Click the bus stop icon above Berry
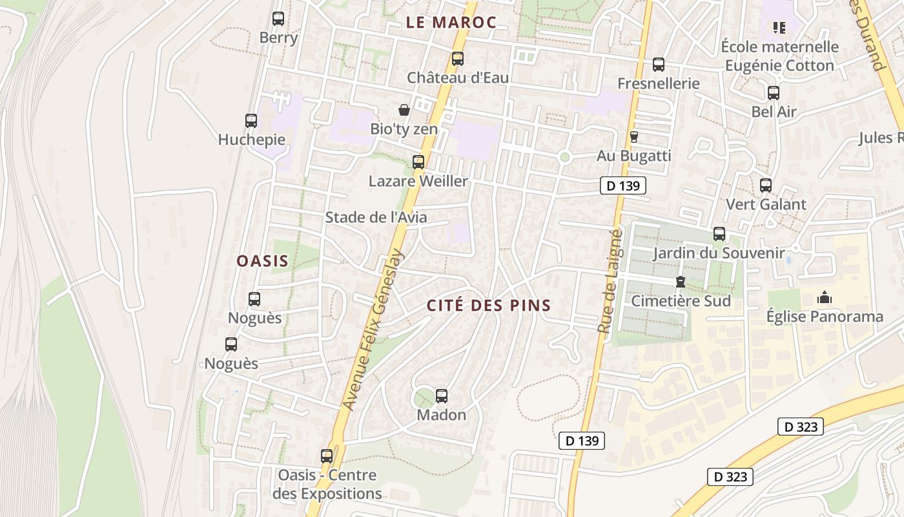click(x=278, y=19)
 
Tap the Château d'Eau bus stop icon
click(x=458, y=59)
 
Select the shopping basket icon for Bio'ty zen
click(x=404, y=110)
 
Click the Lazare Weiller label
click(x=418, y=181)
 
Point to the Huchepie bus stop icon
click(x=251, y=120)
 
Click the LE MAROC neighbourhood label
click(x=451, y=23)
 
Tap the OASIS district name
click(x=262, y=261)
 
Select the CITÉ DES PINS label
click(x=489, y=306)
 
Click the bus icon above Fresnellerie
click(x=659, y=65)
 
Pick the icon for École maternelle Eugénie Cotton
click(x=779, y=27)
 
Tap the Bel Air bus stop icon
click(x=774, y=93)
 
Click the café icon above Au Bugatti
click(x=633, y=137)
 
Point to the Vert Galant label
click(x=766, y=205)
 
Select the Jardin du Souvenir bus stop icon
click(x=719, y=234)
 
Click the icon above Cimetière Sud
click(x=680, y=282)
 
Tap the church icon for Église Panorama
click(x=824, y=298)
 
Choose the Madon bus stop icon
click(x=442, y=396)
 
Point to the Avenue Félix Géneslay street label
click(x=373, y=330)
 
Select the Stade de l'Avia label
click(x=376, y=217)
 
